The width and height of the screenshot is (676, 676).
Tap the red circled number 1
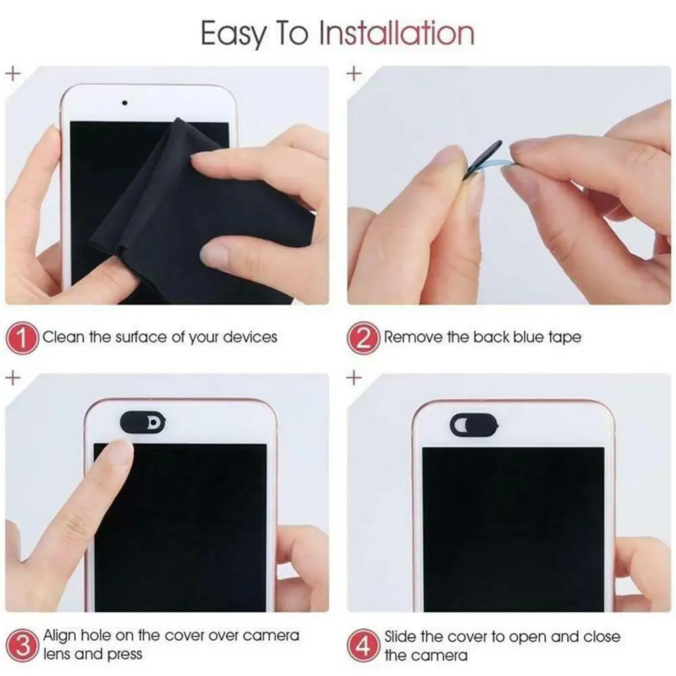pos(23,337)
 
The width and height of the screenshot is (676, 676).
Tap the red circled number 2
pos(364,337)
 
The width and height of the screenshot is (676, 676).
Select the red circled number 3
pos(23,645)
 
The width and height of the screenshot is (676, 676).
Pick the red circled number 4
pos(364,645)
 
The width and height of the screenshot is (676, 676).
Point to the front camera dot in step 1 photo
pos(124,103)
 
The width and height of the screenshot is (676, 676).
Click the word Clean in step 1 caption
pos(64,337)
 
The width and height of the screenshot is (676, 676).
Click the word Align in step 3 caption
pos(61,636)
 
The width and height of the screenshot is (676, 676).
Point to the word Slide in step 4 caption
pos(403,636)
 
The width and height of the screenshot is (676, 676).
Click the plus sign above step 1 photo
pos(11,72)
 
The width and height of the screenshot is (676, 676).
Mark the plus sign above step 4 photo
pos(353,378)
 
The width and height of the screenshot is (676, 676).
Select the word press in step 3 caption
pos(124,654)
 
